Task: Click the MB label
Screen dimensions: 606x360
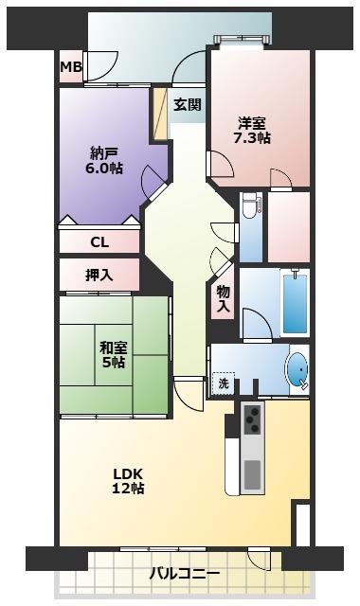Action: [71, 67]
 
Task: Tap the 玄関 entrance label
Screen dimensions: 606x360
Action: [188, 105]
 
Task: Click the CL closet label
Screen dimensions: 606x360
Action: [99, 242]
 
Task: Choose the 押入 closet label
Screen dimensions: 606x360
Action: [99, 276]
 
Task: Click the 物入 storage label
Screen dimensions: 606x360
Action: [223, 299]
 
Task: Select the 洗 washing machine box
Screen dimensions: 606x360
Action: [224, 385]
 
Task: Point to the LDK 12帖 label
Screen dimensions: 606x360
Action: [129, 480]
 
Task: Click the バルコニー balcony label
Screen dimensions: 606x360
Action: [185, 575]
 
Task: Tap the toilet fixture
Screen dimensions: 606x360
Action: [249, 205]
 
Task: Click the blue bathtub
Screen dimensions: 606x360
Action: [296, 303]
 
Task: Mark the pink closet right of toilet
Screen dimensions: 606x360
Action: [288, 226]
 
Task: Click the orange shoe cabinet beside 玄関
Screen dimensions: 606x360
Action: [161, 115]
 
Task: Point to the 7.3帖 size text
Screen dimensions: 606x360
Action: [252, 138]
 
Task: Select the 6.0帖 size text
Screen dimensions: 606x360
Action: [104, 169]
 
